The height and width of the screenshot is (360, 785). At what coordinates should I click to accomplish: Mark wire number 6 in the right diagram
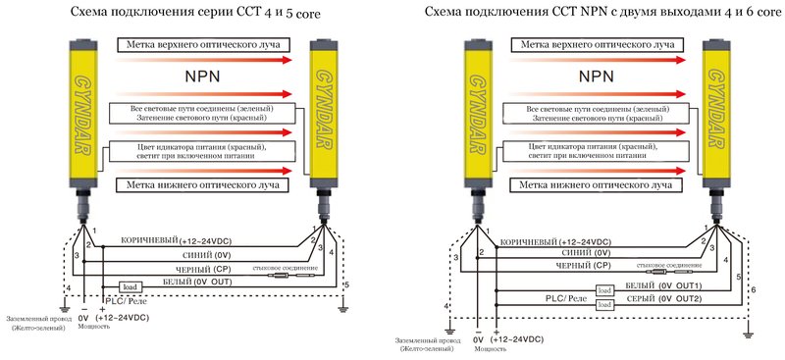753,290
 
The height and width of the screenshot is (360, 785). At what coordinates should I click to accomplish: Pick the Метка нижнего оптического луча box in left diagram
199,183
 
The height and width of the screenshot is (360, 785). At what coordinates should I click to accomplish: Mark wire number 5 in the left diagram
344,283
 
